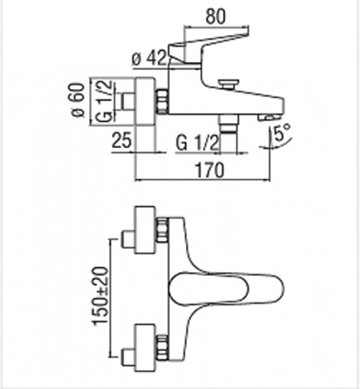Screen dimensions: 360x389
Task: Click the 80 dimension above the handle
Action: [215, 16]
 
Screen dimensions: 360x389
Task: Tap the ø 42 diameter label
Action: [149, 58]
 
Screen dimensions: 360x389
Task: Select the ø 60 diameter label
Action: [78, 100]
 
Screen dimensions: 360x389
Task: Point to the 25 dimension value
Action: [121, 140]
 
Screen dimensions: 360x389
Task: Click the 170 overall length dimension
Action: [209, 170]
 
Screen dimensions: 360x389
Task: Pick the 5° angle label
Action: [281, 133]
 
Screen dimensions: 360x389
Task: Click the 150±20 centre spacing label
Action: [100, 296]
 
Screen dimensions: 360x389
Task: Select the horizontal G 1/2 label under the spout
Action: [197, 143]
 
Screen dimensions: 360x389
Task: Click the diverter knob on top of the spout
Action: [228, 85]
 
